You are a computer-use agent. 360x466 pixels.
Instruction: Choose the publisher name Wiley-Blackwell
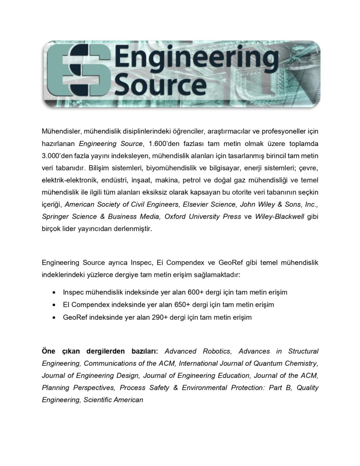click(279, 216)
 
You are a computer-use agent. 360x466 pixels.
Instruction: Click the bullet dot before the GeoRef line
click(54, 318)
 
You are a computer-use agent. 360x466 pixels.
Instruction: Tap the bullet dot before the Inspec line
click(54, 292)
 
